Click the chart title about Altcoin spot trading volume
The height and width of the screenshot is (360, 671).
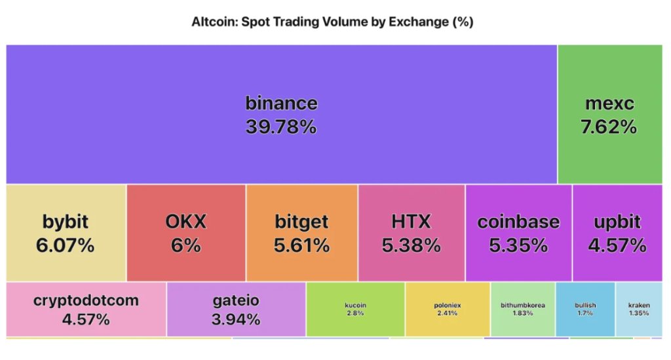point(332,22)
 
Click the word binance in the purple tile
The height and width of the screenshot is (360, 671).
point(281,103)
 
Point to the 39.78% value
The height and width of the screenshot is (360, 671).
point(281,127)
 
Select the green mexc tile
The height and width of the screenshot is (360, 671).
point(609,114)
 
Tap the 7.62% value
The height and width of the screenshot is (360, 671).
point(609,127)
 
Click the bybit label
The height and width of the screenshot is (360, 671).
point(66,222)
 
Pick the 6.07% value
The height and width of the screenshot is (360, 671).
point(66,245)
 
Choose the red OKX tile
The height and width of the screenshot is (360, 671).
point(186,233)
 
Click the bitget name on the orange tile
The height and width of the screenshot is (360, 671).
point(301,222)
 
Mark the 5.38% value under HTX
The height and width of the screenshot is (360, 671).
point(411,245)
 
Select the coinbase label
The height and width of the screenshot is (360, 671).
point(518,222)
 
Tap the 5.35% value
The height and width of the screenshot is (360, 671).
point(518,245)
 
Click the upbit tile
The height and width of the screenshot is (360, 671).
point(617,233)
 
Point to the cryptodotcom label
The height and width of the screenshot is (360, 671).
point(86,301)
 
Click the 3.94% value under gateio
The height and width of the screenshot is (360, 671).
point(236,319)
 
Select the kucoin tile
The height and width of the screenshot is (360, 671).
point(355,309)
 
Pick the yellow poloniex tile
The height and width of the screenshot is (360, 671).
point(448,309)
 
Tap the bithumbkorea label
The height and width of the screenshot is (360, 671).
point(523,305)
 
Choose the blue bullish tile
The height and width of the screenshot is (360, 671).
point(585,309)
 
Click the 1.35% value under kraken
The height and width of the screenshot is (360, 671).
point(639,313)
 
